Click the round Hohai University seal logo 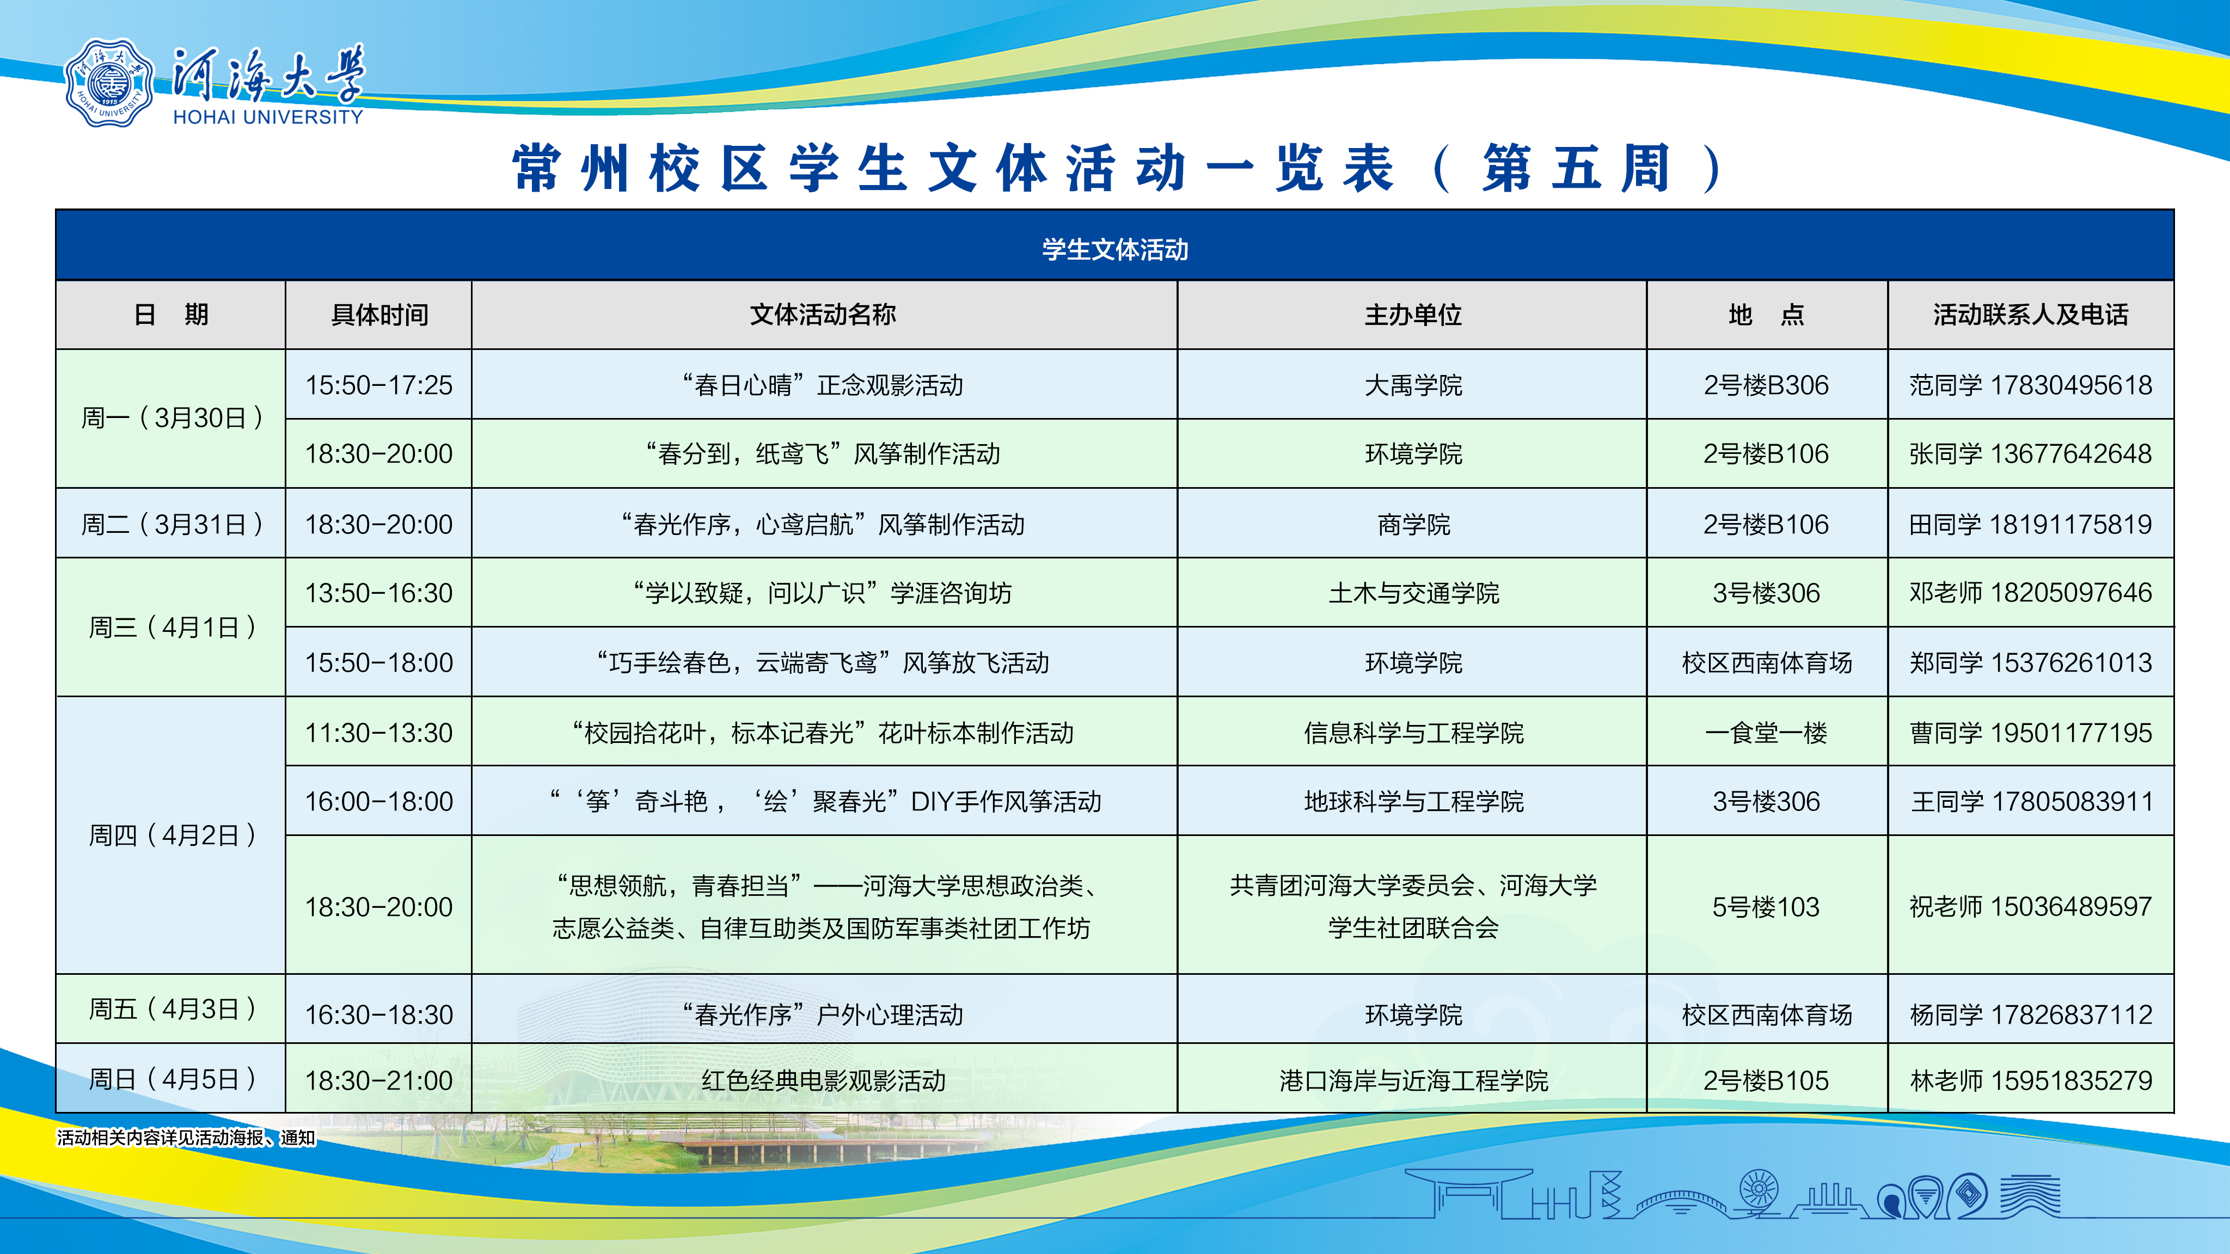click(109, 84)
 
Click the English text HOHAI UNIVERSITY click(268, 117)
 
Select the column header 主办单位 click(1413, 315)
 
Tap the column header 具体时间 click(379, 315)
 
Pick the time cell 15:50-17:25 click(379, 385)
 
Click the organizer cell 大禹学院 click(1413, 385)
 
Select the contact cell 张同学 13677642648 click(2031, 453)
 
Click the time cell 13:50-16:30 click(379, 593)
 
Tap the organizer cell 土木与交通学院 click(1413, 593)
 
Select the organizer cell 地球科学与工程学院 click(1413, 801)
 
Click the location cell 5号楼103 click(1766, 907)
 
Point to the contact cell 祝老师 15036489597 click(2031, 907)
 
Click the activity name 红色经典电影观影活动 click(823, 1080)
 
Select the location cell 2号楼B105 click(1766, 1080)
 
